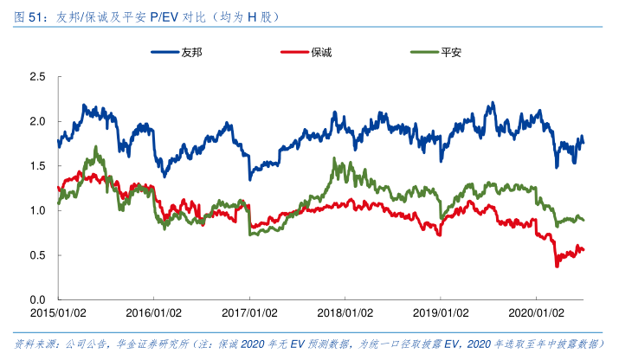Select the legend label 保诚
pos(321,53)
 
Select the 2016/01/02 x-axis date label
pos(153,312)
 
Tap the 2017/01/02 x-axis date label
pos(249,312)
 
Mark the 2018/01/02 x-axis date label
pos(345,312)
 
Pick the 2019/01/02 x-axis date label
pos(441,312)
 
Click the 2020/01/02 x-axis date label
pos(536,312)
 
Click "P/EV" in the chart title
pos(164,17)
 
